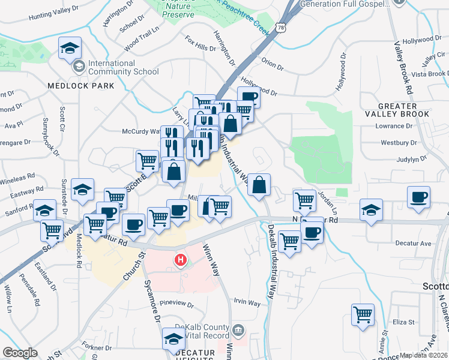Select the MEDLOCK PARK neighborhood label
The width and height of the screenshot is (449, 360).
pyautogui.click(x=81, y=86)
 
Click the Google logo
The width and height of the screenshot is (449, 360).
pyautogui.click(x=20, y=353)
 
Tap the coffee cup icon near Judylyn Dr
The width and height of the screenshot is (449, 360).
pyautogui.click(x=418, y=196)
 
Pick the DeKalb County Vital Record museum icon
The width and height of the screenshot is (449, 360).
pyautogui.click(x=238, y=329)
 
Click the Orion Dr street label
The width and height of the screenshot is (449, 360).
pyautogui.click(x=272, y=65)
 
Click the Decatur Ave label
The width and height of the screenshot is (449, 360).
pyautogui.click(x=413, y=244)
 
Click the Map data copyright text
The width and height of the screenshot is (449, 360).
pyautogui.click(x=424, y=355)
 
